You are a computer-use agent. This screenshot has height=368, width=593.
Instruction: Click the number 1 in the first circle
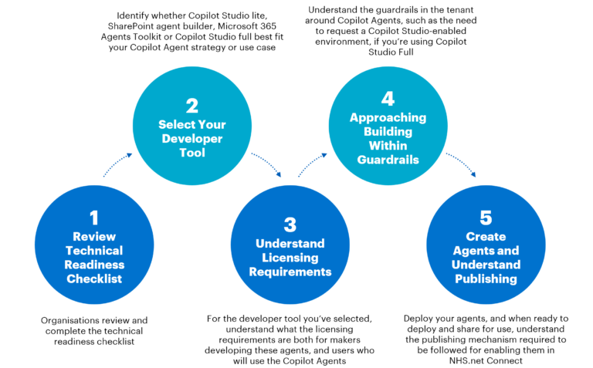93,218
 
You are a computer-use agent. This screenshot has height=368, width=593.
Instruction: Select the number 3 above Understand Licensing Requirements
290,224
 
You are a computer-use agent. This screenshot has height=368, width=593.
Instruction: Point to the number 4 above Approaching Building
388,98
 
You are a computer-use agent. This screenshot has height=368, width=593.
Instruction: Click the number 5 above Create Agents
486,218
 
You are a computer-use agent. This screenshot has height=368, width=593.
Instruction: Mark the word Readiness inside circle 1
93,265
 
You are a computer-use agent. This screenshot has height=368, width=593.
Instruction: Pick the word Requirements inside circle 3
290,272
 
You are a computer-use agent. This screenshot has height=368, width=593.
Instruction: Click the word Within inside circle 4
388,146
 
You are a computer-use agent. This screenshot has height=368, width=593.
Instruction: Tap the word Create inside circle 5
486,236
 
